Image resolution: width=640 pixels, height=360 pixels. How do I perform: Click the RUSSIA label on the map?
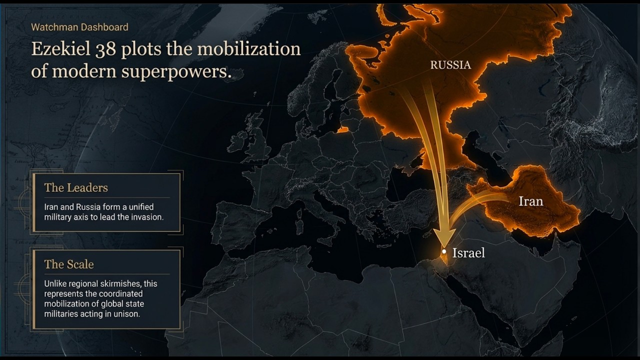point(450,65)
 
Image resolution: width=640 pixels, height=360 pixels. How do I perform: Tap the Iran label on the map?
point(530,201)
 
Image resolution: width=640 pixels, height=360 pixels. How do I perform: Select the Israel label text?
point(468,253)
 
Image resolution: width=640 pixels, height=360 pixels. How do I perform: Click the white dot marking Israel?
point(444,251)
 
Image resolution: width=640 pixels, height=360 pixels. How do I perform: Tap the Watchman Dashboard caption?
point(79,27)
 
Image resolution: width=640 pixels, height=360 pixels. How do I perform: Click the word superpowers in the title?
point(176,71)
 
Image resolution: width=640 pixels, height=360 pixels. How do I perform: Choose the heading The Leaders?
point(76,188)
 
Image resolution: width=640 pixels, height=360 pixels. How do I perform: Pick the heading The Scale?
point(69,264)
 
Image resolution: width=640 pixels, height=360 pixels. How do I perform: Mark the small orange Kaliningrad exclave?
point(343,129)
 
